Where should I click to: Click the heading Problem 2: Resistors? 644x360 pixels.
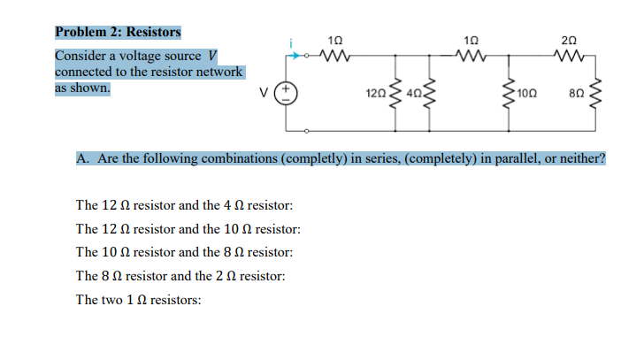[x=118, y=33]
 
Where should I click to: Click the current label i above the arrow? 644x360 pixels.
[x=289, y=41]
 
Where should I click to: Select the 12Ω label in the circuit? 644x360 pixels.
[x=374, y=93]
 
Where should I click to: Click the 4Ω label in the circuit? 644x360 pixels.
[x=413, y=93]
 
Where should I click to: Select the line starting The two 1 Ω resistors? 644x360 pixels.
[x=139, y=300]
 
